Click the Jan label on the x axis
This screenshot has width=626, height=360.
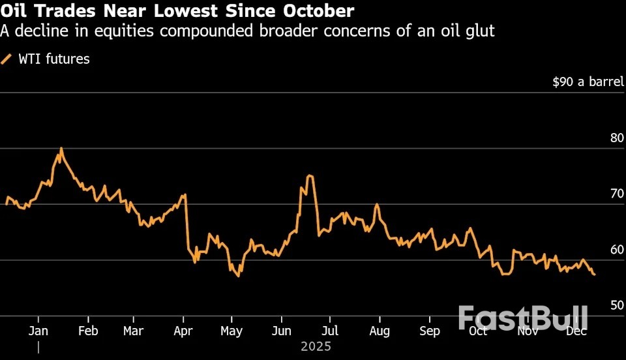[x=38, y=331]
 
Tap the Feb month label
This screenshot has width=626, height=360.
[x=88, y=331]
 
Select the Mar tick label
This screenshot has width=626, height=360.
[x=134, y=331]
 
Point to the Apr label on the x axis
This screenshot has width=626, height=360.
[x=183, y=331]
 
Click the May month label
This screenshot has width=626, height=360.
[x=231, y=331]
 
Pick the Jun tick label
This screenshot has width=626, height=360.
[x=281, y=331]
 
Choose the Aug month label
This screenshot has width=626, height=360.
[x=379, y=331]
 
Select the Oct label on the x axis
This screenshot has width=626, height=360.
[x=478, y=331]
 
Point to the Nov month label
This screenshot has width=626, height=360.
[x=527, y=331]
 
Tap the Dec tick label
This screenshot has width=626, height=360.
[x=576, y=331]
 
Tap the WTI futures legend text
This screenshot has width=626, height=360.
[x=53, y=59]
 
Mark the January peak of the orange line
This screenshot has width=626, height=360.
[x=61, y=149]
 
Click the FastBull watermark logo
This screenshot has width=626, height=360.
[x=523, y=318]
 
